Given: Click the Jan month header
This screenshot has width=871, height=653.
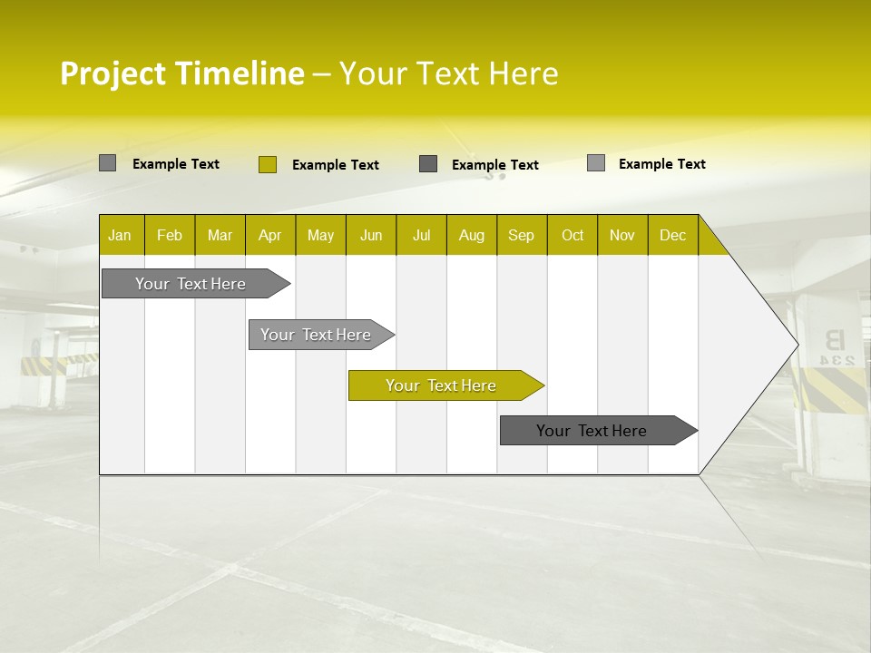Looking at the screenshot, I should point(120,235).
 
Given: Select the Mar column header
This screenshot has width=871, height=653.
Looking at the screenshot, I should point(220,235).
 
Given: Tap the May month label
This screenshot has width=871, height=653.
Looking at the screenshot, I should point(320,235).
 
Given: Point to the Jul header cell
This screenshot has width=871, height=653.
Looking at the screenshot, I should point(421,235).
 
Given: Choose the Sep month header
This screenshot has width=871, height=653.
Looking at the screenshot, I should point(521,235).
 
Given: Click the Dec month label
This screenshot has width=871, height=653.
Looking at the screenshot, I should point(672,235).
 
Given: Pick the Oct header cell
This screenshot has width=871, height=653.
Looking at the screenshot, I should point(573,235).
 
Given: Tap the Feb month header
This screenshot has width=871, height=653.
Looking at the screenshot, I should point(170,235).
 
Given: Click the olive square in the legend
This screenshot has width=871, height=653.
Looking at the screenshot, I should point(267,164).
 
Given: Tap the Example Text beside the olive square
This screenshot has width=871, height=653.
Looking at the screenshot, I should point(335,165).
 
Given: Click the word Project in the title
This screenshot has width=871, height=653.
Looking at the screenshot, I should point(113,73).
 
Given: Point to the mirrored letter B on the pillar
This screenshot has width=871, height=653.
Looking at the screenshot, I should point(834,341).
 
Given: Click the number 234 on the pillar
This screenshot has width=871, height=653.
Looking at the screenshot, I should point(837,360).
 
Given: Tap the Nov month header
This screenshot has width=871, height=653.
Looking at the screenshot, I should point(622,235).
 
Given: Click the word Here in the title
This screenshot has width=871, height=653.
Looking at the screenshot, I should point(524,73).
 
